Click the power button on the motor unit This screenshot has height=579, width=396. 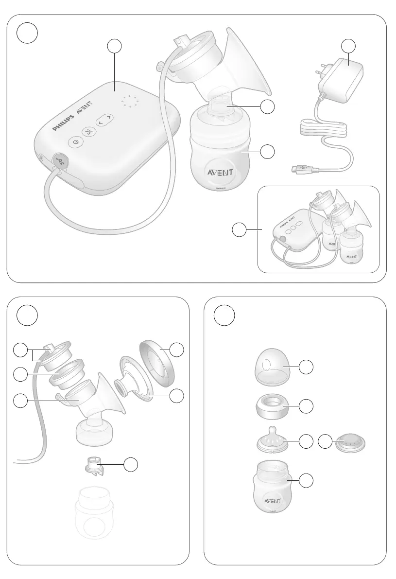[74, 142]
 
